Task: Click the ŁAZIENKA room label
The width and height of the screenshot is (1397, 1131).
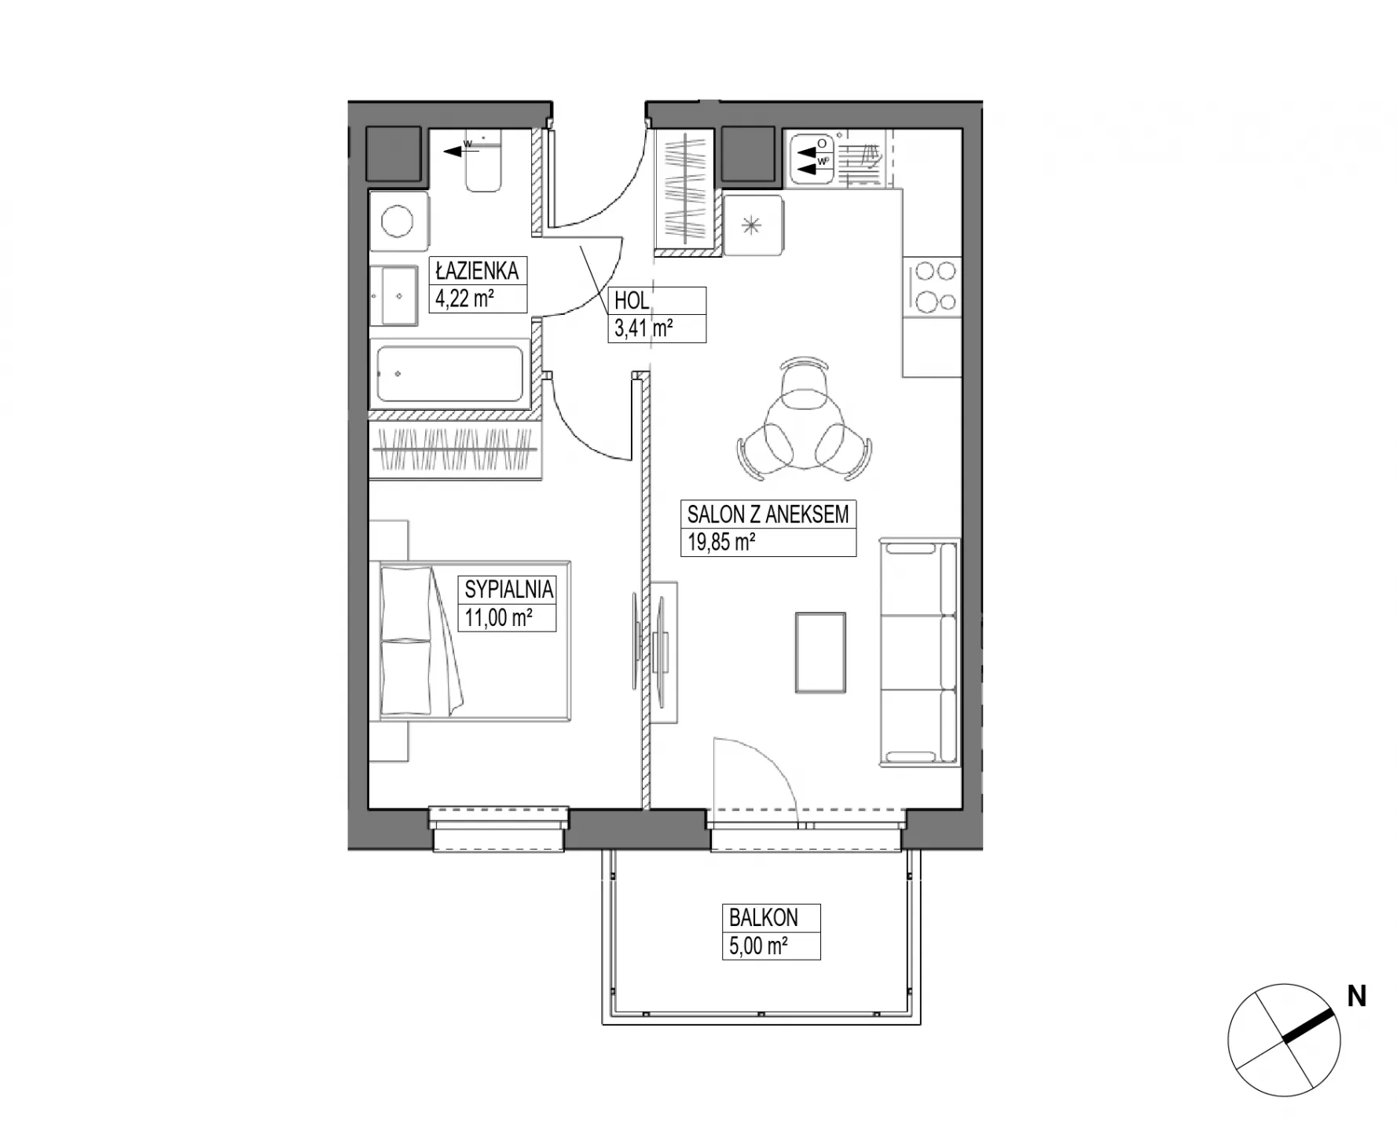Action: [477, 271]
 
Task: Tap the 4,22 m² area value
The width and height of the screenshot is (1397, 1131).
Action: [464, 298]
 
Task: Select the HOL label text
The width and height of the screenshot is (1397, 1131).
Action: [632, 301]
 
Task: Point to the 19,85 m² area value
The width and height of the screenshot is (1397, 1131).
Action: [721, 542]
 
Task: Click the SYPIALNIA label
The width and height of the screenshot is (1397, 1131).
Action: [509, 589]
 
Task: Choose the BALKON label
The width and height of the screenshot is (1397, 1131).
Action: [763, 917]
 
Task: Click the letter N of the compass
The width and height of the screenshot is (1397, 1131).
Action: [1356, 997]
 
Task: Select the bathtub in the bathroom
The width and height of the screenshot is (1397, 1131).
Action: [450, 374]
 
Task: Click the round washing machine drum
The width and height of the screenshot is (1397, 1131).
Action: [398, 221]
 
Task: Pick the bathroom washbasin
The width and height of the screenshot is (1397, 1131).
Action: [394, 295]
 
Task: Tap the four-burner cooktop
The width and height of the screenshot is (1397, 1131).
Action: [933, 287]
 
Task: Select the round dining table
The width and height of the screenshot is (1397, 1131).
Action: [804, 433]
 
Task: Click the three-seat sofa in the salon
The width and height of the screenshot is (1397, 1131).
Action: [918, 651]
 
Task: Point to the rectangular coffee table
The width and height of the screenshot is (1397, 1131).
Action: [820, 653]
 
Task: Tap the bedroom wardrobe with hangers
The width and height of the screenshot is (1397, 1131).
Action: [456, 451]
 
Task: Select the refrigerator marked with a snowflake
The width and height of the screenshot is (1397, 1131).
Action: [753, 226]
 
